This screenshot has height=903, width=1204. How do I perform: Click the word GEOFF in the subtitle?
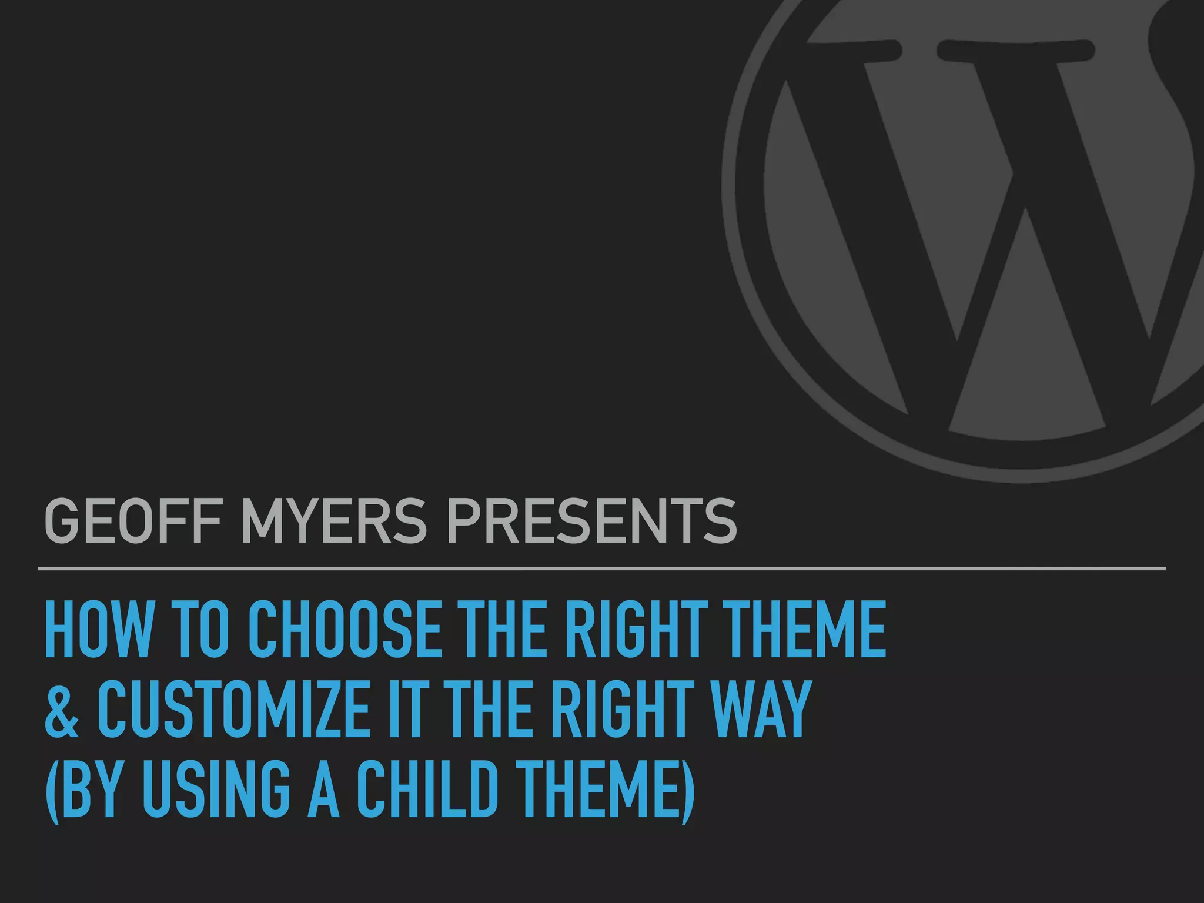[133, 521]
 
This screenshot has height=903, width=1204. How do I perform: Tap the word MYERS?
[333, 521]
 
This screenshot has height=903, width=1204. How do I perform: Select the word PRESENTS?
[591, 521]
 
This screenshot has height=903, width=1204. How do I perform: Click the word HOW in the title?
[98, 630]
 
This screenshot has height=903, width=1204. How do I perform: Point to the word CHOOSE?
[345, 630]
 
